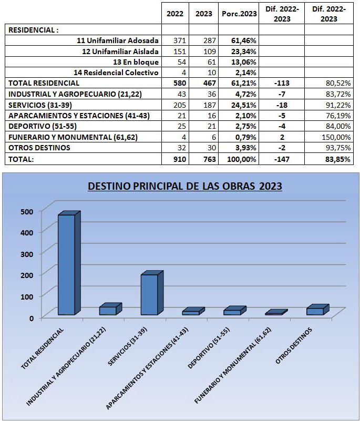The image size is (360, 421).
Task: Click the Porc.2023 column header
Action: pos(239,14)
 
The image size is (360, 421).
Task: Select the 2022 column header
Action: pos(175,14)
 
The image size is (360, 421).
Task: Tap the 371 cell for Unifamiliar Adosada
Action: pos(180,40)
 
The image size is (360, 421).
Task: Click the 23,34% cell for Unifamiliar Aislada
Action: pos(244,52)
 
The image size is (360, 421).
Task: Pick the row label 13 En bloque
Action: pos(136,62)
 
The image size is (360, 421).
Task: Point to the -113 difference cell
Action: pos(282,83)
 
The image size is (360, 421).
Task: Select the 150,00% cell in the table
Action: pos(336,137)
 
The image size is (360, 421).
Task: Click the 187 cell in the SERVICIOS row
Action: pos(209,105)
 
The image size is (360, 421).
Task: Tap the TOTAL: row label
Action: pos(21,159)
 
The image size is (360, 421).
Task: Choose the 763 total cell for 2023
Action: pos(209,159)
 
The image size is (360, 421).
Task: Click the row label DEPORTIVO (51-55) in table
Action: pos(43,126)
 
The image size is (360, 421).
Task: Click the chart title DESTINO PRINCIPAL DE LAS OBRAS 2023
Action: pos(185,186)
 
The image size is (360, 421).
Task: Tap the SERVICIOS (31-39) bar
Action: pos(152,293)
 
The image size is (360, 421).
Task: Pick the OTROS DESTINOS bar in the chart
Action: pos(318,310)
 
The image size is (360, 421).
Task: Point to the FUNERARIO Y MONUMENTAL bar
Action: pos(276,312)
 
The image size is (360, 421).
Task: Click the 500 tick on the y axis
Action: pos(27,212)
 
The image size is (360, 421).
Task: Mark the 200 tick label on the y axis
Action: pos(27,275)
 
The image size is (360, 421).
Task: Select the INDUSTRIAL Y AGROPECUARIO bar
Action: pos(110,309)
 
